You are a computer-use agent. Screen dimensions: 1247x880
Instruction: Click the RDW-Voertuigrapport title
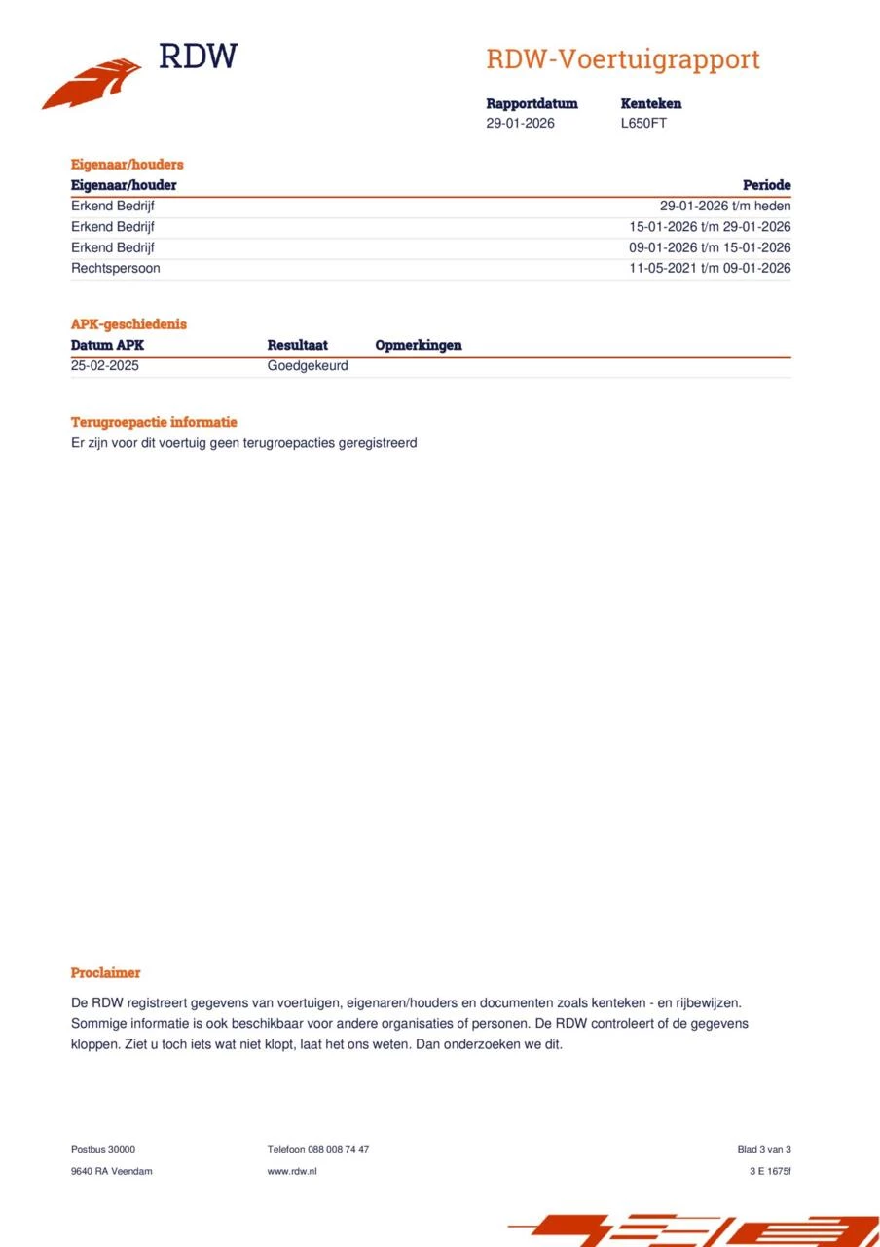point(622,59)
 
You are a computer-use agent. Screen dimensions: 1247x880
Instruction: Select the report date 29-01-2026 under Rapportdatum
point(520,124)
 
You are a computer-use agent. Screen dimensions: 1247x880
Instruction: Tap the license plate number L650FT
point(643,124)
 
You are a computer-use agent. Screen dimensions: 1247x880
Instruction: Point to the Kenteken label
point(650,103)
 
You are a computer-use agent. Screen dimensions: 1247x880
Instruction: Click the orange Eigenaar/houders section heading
point(127,165)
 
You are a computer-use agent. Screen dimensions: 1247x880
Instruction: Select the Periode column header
point(766,185)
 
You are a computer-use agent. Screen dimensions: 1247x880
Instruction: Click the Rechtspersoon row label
point(115,268)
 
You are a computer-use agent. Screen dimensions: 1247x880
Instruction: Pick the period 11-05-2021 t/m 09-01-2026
point(709,268)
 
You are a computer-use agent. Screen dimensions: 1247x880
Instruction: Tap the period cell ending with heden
point(724,206)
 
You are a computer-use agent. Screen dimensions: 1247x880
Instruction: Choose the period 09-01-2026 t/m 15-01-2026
point(709,247)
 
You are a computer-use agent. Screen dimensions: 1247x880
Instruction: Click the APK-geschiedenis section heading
point(128,324)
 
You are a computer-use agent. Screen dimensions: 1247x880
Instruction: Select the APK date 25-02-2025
point(105,366)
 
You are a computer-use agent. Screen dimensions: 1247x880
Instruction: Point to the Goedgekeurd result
point(307,366)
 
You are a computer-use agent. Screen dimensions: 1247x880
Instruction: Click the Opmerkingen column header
point(418,345)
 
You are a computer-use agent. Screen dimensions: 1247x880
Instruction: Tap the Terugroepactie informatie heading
point(154,422)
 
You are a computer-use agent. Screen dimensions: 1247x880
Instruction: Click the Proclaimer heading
point(105,972)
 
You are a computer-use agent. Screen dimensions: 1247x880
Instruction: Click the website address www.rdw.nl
point(291,1171)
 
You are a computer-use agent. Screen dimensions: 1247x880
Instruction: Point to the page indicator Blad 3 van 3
point(763,1149)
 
